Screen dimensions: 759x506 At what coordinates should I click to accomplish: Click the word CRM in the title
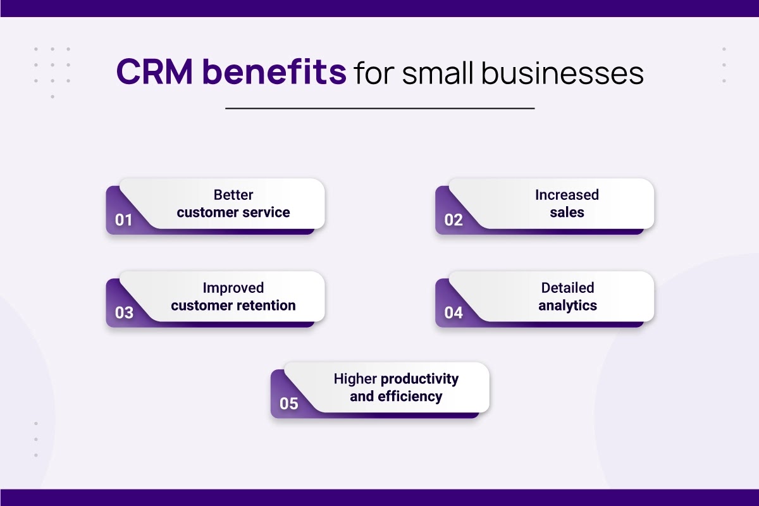(x=154, y=72)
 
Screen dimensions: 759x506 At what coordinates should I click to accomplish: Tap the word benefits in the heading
(x=274, y=71)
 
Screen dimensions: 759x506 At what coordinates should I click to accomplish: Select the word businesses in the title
(x=562, y=73)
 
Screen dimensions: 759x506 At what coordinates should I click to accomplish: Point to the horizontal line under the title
(x=380, y=108)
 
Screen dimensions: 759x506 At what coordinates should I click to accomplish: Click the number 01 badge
(x=124, y=220)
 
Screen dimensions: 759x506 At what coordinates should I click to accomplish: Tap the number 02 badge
(x=454, y=220)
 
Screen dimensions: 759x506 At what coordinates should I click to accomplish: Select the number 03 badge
(x=124, y=312)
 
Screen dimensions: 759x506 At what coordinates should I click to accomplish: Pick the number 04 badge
(x=454, y=312)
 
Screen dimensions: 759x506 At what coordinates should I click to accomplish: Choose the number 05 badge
(x=288, y=404)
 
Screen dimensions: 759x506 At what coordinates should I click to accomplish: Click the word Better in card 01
(x=233, y=195)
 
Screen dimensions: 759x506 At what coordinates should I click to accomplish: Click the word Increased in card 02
(x=567, y=195)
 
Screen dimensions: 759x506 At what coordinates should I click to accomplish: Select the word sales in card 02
(x=567, y=213)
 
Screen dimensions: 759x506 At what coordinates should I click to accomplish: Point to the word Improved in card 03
(x=233, y=288)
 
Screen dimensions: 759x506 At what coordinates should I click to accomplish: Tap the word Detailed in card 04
(x=567, y=288)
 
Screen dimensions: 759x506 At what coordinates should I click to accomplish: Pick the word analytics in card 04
(x=567, y=305)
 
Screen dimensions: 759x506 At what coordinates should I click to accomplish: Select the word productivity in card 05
(x=419, y=379)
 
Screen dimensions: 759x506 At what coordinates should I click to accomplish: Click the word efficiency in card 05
(x=410, y=397)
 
